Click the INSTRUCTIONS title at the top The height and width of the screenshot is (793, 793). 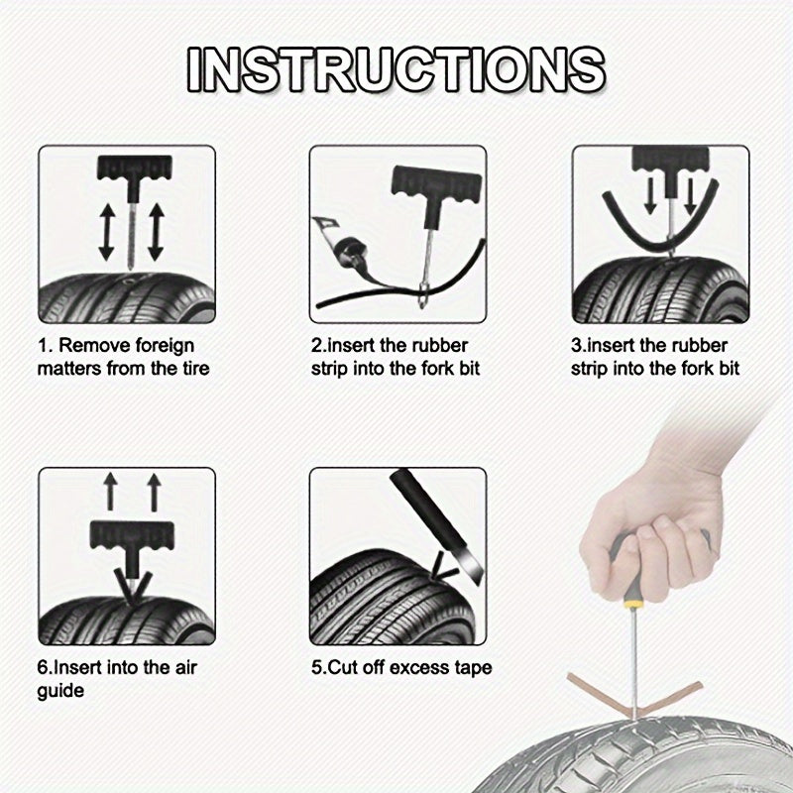coord(396,69)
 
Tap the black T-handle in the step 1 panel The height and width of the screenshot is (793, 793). coord(126,169)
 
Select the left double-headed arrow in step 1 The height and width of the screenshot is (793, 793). coord(104,233)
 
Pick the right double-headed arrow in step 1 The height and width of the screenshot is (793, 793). coord(154,233)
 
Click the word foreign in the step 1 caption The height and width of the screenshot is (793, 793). coord(163,346)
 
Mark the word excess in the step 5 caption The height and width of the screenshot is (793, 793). coord(415,667)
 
